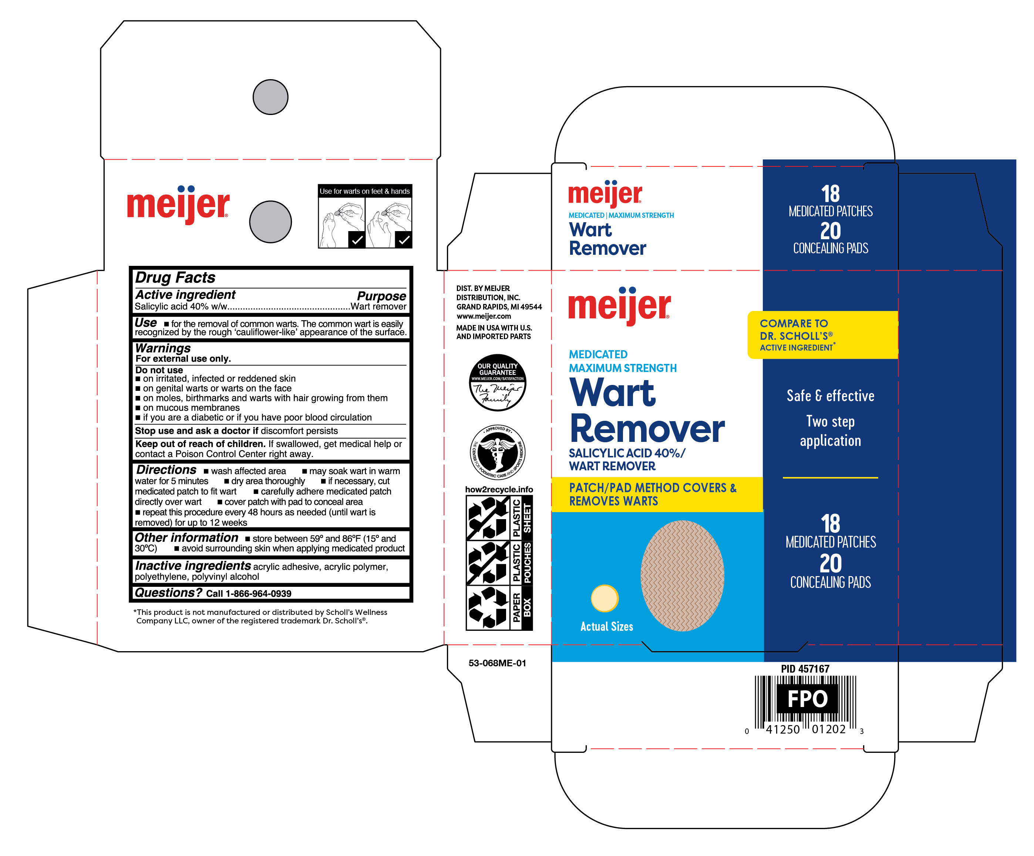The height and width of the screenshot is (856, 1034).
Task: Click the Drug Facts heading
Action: pos(175,278)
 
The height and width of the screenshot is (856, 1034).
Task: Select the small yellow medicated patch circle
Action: pos(604,598)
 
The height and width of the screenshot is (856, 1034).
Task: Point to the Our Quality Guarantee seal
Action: pos(497,382)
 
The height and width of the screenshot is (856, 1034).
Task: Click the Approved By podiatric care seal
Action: pos(497,452)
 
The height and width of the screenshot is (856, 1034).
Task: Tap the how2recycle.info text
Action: pos(499,489)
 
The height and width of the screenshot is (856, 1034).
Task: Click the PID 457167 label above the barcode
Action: pos(805,669)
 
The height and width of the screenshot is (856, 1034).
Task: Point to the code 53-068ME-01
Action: pos(497,663)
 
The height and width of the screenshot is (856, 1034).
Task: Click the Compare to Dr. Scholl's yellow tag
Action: pos(822,335)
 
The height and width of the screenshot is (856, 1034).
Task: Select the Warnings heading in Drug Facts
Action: pos(163,348)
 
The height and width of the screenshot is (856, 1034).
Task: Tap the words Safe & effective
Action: pos(830,396)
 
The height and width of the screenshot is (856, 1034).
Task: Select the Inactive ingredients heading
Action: pos(193,566)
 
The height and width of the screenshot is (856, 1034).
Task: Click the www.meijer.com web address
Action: pos(484,316)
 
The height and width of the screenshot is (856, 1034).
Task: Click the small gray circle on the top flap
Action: pos(270,97)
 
